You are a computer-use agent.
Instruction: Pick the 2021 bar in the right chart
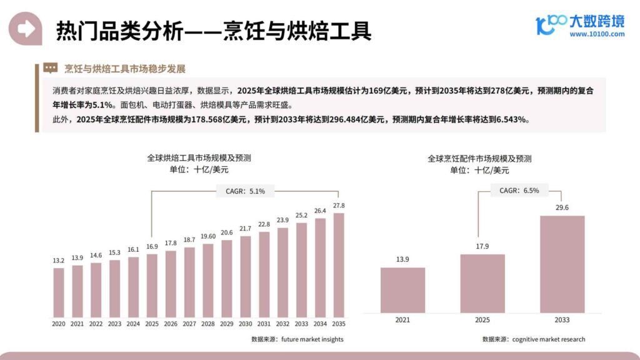402,290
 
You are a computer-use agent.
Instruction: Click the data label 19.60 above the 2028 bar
208,236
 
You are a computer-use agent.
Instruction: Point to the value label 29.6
562,208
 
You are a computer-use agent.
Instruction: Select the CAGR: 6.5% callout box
519,191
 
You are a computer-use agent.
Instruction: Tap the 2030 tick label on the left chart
245,324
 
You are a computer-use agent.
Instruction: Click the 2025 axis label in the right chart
482,320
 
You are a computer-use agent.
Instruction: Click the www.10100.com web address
596,34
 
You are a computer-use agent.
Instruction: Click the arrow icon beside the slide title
26,29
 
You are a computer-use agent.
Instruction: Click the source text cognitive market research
549,339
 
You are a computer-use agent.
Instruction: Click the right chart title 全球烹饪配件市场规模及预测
479,159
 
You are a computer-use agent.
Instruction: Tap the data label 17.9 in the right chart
482,246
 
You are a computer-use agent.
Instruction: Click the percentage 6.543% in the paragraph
512,120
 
